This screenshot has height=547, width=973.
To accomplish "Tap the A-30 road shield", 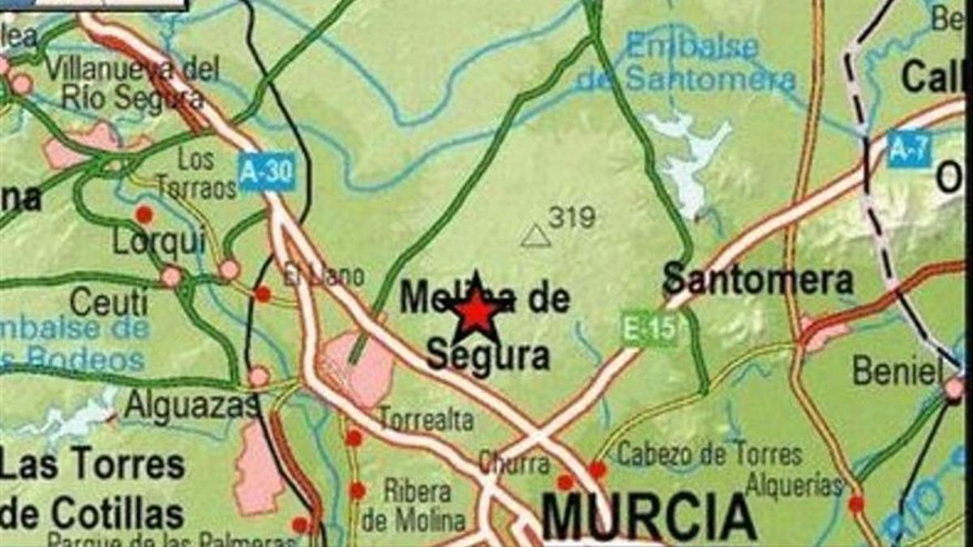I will (266, 172).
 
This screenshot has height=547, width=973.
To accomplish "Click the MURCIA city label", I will (649, 516).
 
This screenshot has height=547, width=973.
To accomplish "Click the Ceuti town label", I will (109, 303).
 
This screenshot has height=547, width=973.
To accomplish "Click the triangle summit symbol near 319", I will (535, 236).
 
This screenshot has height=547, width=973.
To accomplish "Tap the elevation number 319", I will (572, 216).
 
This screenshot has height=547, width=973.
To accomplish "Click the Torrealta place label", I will (426, 419).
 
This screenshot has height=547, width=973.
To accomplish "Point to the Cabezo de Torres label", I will (709, 455).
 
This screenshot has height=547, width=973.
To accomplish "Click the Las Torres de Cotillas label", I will (91, 489).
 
